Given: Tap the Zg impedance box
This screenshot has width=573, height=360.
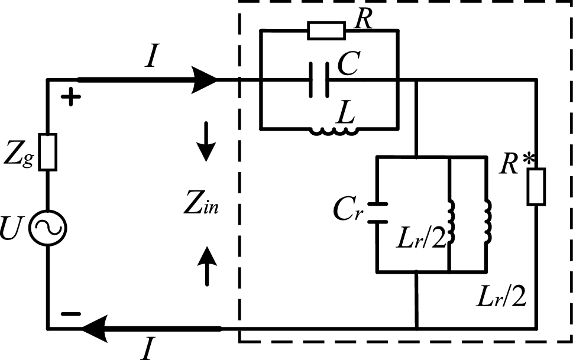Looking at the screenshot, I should (x=48, y=153).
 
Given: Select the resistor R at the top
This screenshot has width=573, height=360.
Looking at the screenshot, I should (x=326, y=31).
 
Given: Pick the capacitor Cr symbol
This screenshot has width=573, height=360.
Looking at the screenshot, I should (x=377, y=213).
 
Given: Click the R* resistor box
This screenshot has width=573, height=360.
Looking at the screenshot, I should (x=536, y=187).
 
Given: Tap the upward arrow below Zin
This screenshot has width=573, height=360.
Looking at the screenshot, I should (x=205, y=264).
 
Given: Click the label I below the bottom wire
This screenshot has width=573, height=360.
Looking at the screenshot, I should (x=146, y=350).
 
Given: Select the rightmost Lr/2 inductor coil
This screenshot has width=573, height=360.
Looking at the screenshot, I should (x=488, y=223).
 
